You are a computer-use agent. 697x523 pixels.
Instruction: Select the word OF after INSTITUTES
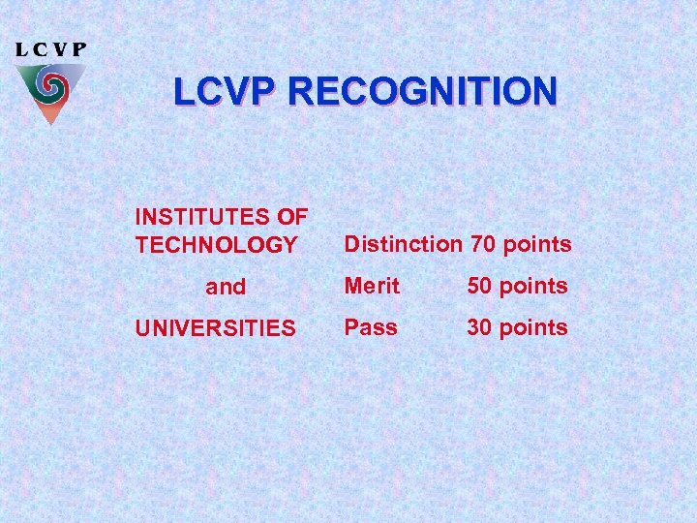pos(293,215)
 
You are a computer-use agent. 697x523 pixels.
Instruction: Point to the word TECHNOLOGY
pos(216,245)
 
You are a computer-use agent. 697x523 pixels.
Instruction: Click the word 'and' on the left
pos(226,287)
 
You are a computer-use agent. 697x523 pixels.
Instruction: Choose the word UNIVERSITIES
pos(216,328)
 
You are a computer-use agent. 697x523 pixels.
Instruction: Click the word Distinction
pos(404,244)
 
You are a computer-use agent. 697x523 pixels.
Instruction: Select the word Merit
pos(372,286)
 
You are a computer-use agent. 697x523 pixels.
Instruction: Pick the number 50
pos(480,286)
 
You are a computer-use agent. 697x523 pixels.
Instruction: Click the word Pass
pos(371,327)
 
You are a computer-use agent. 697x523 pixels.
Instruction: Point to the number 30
pos(480,327)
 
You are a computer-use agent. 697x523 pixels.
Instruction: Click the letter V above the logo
pos(60,49)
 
